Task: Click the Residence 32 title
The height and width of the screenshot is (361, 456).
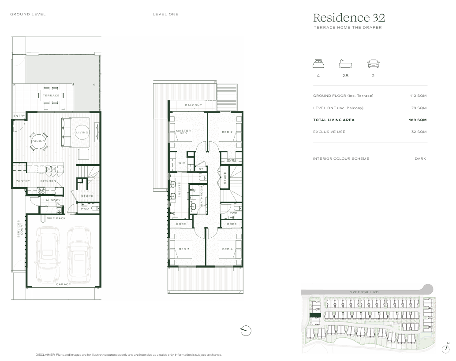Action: point(349,18)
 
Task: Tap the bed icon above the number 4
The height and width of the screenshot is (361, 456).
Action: point(318,63)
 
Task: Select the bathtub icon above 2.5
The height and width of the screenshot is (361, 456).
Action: point(345,63)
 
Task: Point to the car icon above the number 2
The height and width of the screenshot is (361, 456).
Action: point(373,63)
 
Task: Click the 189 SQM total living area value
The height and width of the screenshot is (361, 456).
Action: point(418,120)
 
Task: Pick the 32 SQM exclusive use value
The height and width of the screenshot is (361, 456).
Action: point(419,132)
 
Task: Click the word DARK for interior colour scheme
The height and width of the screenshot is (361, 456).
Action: point(420,158)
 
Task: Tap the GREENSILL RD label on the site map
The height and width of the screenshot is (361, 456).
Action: point(364,292)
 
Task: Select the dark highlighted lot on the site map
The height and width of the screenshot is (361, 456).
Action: point(315,315)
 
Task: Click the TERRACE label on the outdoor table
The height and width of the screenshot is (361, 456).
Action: point(51,95)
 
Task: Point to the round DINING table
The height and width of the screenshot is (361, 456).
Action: point(39,141)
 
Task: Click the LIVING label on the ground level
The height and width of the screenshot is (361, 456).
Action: point(82,133)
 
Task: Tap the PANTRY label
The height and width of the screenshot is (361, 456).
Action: point(22,180)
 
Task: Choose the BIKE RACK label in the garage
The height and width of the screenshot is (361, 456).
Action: point(56,218)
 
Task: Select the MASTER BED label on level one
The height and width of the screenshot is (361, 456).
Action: point(183,132)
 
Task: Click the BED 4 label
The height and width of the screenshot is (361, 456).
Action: point(228,249)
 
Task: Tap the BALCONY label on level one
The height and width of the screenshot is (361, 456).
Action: point(194,105)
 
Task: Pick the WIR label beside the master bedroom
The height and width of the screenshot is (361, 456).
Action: point(181,163)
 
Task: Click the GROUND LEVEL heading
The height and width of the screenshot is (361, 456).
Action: point(28,14)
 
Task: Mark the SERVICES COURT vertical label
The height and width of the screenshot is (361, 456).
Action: point(20,228)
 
